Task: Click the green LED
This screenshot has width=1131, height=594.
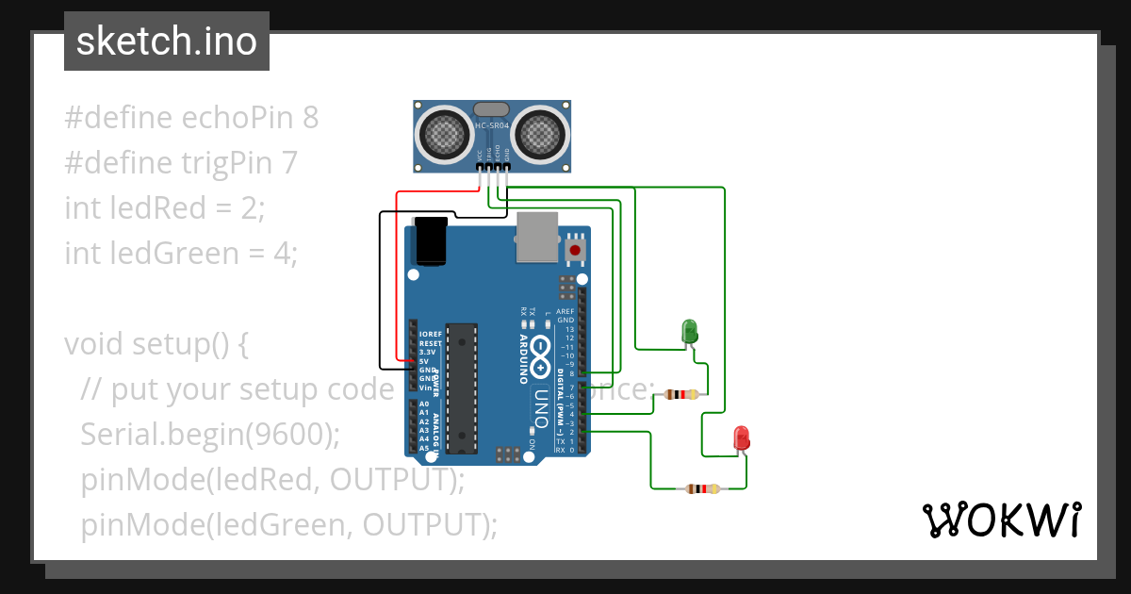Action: pos(690,331)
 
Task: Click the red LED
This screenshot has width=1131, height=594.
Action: pos(742,437)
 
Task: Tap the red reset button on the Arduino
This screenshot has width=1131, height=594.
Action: pos(574,250)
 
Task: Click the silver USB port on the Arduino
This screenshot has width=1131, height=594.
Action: pos(537,237)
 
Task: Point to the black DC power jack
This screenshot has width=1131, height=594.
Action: pos(432,241)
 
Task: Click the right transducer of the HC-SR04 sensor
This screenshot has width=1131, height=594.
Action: pos(540,135)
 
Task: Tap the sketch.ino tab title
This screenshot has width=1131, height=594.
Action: pos(167,41)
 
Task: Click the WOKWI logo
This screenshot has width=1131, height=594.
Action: pos(1001,520)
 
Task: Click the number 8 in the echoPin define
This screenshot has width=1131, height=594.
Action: pos(310,118)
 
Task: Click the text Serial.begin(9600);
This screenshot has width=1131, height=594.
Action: pos(210,435)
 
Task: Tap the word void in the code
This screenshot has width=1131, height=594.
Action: pos(93,344)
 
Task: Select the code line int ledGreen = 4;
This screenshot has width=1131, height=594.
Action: pos(181,254)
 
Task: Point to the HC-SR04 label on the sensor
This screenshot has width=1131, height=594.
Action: pos(492,125)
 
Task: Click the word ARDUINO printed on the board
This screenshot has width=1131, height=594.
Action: pos(523,358)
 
